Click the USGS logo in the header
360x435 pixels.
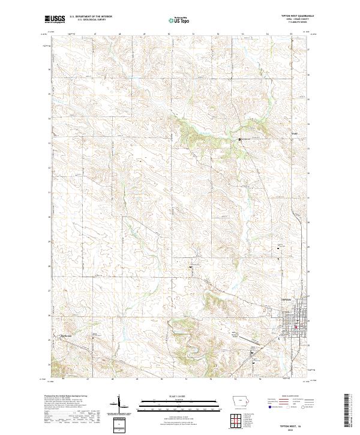pos(55,19)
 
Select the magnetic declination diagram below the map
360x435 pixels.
pos(120,405)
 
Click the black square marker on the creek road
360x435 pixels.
pos(239,139)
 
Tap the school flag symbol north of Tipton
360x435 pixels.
pos(279,247)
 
